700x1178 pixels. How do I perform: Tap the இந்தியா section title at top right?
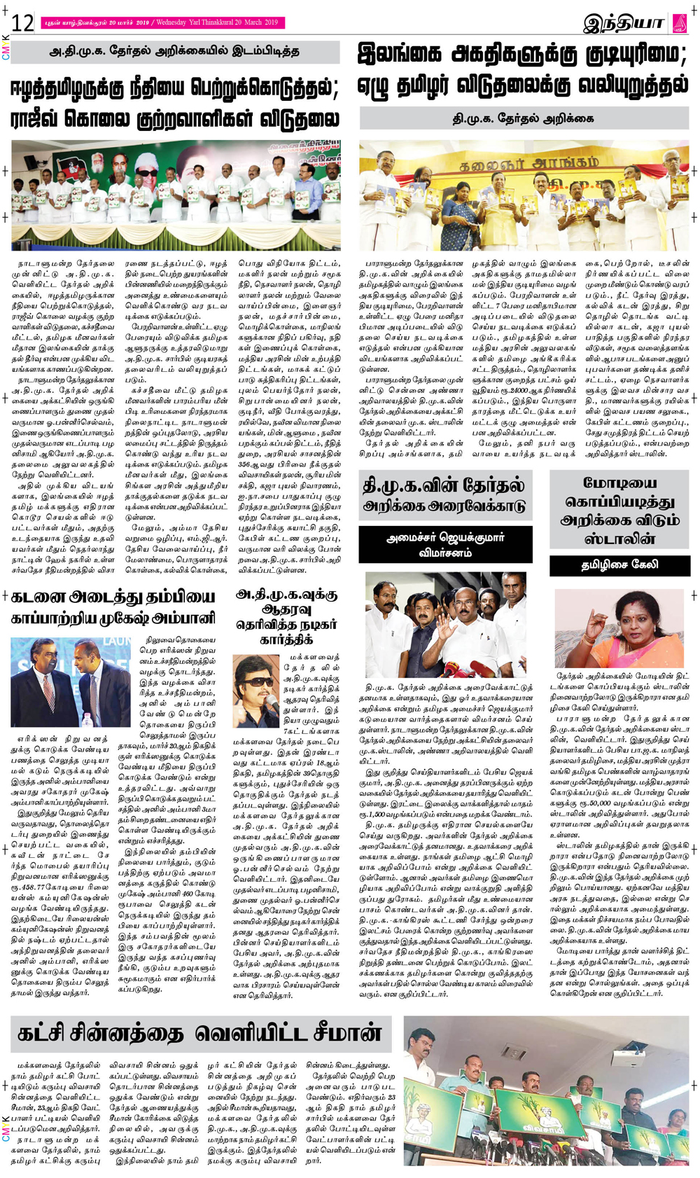pos(623,23)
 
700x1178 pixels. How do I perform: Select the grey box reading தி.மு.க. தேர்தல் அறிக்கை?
pos(524,118)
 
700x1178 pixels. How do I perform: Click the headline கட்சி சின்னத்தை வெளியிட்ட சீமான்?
pos(200,1034)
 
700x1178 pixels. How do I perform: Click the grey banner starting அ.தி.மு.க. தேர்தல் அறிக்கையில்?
pos(175,52)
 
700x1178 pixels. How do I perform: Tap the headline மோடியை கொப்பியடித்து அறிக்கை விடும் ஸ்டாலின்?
pos(619,511)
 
